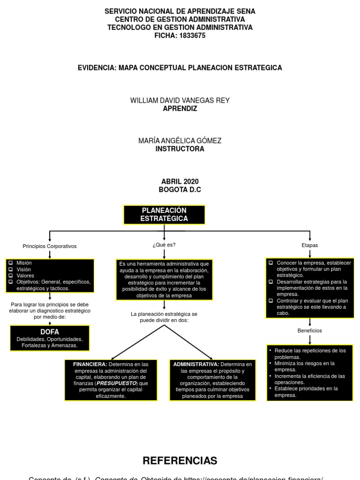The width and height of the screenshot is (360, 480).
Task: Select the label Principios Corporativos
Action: point(50,246)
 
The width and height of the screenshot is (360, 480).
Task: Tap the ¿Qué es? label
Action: point(164,245)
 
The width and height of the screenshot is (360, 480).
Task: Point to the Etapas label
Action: point(309,245)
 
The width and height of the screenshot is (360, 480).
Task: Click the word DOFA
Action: point(49,332)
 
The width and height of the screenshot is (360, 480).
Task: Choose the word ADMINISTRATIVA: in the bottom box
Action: point(196,364)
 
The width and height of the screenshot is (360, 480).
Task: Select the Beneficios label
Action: point(309,330)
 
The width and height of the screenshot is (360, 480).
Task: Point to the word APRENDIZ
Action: point(180,109)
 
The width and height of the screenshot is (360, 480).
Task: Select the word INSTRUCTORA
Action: point(180,149)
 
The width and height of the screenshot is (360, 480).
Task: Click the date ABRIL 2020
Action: point(180,181)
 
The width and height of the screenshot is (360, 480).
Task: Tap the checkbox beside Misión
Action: point(10,263)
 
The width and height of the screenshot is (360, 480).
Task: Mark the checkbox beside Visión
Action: point(10,270)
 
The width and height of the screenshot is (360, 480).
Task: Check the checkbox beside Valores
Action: point(10,276)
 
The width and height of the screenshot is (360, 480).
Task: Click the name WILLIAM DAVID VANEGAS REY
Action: point(180,101)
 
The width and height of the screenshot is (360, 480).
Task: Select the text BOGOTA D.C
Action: point(180,190)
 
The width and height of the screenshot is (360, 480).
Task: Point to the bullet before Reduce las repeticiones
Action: point(270,351)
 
